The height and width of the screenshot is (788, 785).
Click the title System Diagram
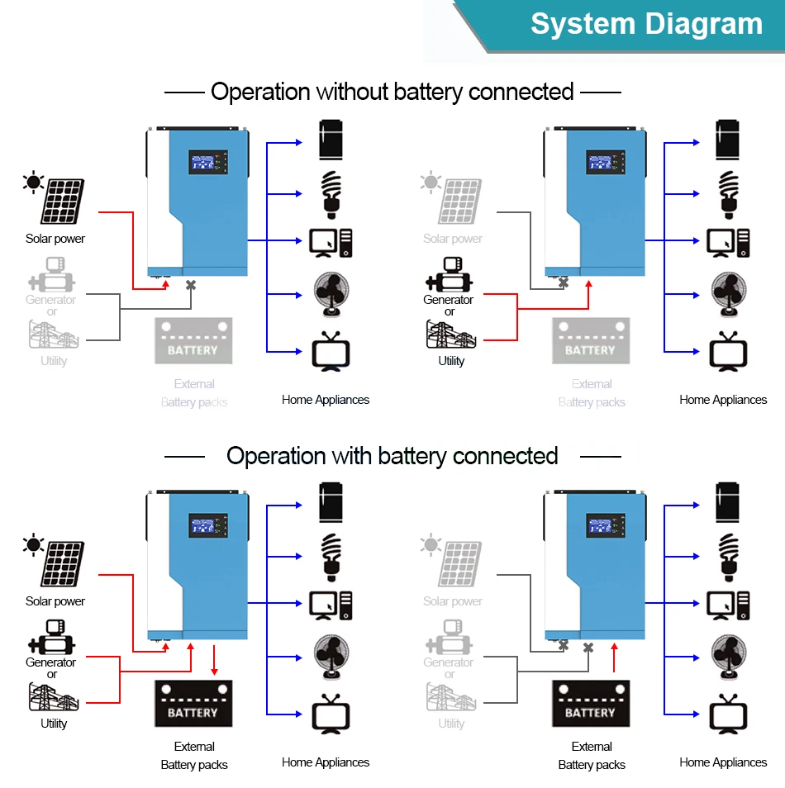point(646,24)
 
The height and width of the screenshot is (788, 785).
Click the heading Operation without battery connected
point(392,92)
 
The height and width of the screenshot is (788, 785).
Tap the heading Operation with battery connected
point(392,456)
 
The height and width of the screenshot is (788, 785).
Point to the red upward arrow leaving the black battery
point(613,657)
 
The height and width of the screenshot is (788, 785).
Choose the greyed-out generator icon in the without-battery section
point(51,274)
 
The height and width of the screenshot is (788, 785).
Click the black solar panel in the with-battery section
point(62,565)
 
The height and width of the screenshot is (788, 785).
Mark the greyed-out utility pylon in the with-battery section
point(450,696)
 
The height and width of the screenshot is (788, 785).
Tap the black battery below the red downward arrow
point(193,704)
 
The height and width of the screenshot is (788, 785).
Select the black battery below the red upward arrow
point(591,704)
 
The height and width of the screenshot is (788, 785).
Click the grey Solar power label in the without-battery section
point(452,239)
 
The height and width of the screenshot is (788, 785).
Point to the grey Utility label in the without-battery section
point(54,361)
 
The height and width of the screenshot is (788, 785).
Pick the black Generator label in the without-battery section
point(448,300)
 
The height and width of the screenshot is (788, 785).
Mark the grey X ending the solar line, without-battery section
point(564,282)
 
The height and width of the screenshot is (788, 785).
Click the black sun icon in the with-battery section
point(34,545)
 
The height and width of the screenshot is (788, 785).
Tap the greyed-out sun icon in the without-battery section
point(431,183)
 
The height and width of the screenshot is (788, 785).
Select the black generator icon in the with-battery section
point(51,637)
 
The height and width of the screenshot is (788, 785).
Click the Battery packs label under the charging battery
point(194,765)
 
